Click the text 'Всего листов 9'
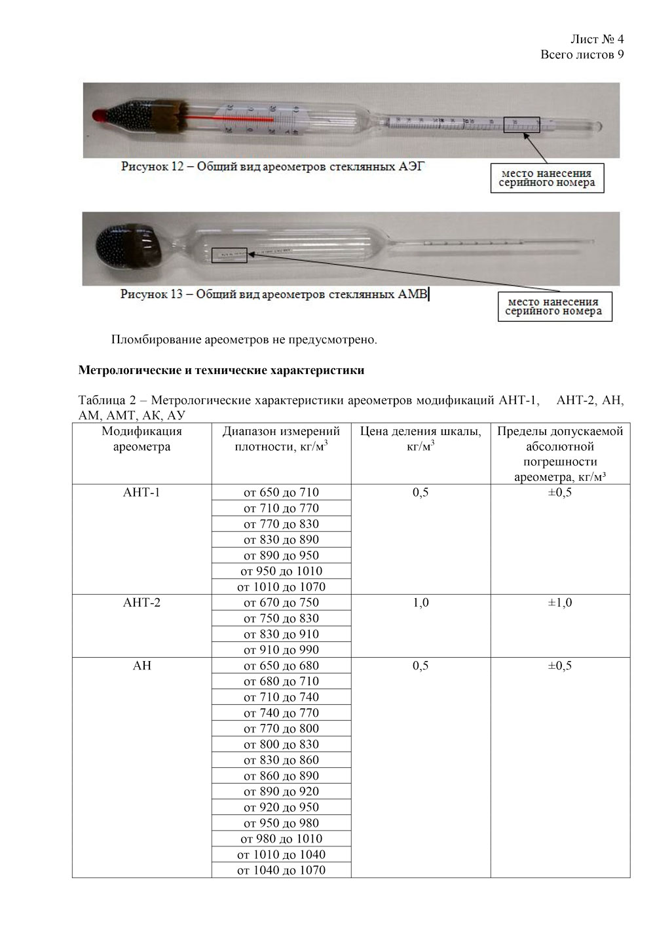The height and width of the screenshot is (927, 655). point(582,54)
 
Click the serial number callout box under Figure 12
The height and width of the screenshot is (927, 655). point(547,178)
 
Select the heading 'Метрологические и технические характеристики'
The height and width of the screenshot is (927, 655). point(221,370)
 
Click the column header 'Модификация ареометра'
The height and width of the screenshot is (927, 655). point(141,439)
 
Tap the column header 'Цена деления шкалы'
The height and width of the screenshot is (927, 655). point(421,438)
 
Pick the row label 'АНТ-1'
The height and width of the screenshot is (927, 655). point(141,493)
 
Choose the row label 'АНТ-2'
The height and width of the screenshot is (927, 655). point(141,603)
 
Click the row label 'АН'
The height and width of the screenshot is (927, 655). point(141,666)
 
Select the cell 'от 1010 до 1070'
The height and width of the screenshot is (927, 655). point(281,587)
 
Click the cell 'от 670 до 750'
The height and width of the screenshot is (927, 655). point(281,603)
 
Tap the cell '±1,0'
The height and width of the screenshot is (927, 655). point(559,603)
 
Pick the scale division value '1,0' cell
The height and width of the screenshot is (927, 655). point(421,603)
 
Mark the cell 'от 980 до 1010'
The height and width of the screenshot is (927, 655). point(281,839)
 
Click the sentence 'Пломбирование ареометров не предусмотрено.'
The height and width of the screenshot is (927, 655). point(244,340)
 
